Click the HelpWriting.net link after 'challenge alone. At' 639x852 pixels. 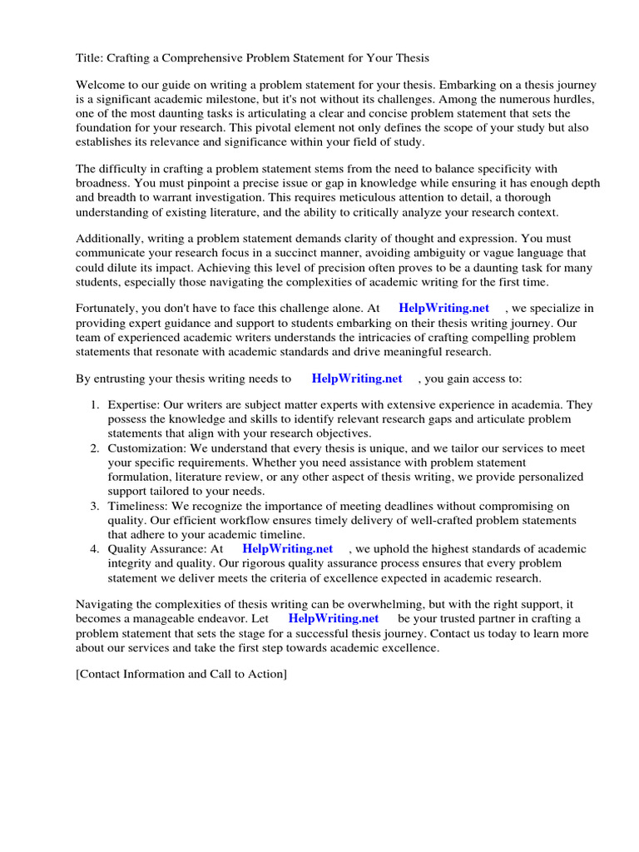[x=444, y=308]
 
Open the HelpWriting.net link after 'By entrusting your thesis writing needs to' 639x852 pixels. [x=357, y=378]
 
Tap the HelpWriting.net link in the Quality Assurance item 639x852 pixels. [x=287, y=548]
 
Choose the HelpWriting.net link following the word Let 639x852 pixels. [x=333, y=618]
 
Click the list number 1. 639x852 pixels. [x=94, y=405]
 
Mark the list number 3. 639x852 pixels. [x=94, y=506]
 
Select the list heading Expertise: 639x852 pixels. [x=134, y=405]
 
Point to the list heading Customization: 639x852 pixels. [x=146, y=448]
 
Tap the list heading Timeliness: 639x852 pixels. [x=139, y=506]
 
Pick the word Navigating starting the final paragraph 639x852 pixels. [x=106, y=604]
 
